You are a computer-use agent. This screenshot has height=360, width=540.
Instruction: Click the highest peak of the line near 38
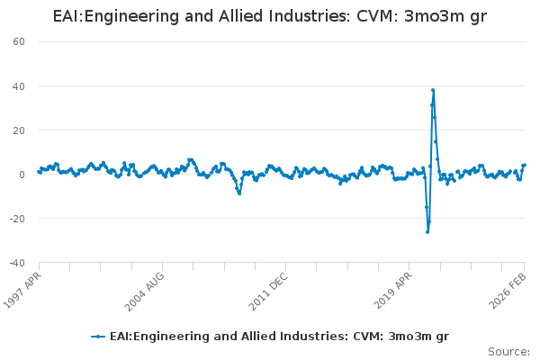click(433, 90)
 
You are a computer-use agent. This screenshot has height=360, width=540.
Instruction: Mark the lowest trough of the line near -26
click(427, 232)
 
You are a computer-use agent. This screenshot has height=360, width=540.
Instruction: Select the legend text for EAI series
click(279, 336)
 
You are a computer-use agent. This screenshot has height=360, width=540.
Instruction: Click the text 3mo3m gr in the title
click(448, 17)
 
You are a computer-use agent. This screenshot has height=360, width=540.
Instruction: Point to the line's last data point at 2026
click(525, 165)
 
